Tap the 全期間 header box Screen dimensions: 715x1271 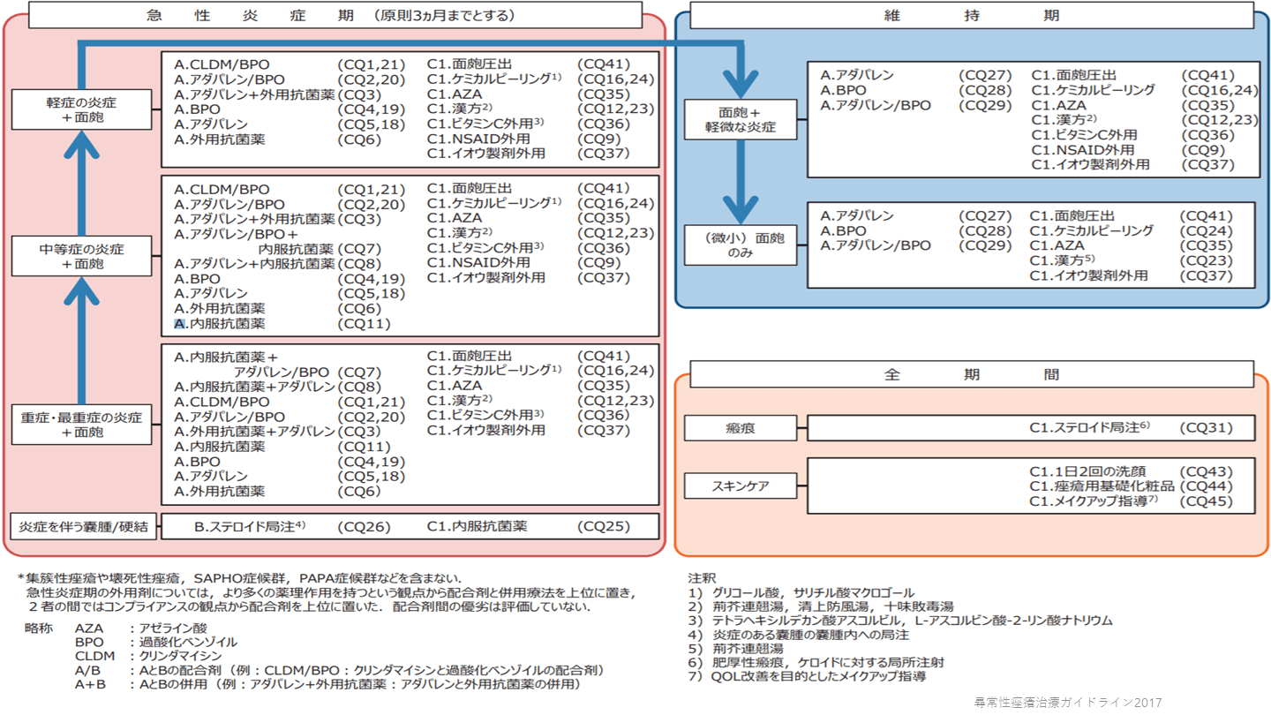pyautogui.click(x=971, y=374)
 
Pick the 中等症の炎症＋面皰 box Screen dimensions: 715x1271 pyautogui.click(x=81, y=256)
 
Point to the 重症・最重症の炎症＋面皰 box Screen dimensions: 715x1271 pyautogui.click(x=81, y=425)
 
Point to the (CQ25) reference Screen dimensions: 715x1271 pyautogui.click(x=604, y=527)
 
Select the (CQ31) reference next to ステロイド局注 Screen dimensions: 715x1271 pyautogui.click(x=1206, y=428)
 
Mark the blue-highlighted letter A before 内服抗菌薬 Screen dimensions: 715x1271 pyautogui.click(x=180, y=324)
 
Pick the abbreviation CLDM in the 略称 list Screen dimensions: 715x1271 pyautogui.click(x=94, y=656)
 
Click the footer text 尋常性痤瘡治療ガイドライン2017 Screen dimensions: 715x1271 pyautogui.click(x=1067, y=703)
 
